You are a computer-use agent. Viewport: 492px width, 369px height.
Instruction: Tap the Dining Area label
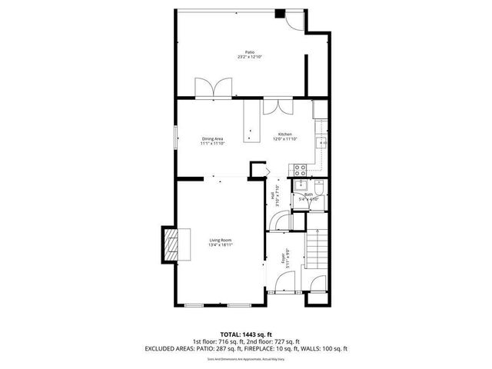click(x=213, y=140)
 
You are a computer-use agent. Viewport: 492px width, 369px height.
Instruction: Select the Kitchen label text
click(x=284, y=136)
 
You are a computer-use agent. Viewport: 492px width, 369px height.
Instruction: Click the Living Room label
click(x=221, y=242)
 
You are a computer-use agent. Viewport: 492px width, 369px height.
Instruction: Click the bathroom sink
click(x=301, y=188)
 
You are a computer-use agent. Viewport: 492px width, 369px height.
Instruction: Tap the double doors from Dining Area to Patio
click(x=211, y=88)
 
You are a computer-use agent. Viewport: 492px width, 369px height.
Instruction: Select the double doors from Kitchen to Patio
click(x=277, y=106)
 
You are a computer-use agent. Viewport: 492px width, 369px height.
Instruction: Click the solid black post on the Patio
click(x=280, y=13)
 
